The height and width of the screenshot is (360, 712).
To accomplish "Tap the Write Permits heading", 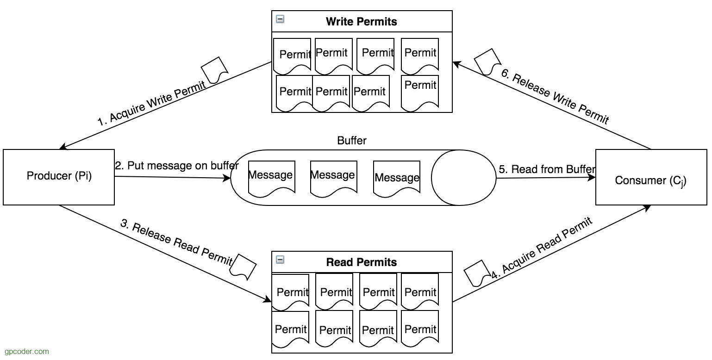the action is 362,22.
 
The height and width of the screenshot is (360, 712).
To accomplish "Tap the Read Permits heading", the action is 362,262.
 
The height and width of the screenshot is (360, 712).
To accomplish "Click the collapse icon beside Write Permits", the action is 280,19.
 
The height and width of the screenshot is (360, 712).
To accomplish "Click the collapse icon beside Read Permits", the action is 280,260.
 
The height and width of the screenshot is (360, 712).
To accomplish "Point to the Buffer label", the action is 351,141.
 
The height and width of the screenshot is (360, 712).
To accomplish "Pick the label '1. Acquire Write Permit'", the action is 152,104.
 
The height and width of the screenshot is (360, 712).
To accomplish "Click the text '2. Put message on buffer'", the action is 177,166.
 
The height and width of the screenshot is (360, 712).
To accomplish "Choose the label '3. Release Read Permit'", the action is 176,242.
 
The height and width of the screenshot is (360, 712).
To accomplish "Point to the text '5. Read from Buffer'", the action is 547,169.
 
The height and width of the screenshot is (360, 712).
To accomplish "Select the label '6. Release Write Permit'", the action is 555,96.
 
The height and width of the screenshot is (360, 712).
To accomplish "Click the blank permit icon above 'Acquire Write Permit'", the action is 214,70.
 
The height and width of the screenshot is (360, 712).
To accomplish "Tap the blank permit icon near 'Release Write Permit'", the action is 487,62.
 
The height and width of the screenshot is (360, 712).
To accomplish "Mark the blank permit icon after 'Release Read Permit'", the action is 243,267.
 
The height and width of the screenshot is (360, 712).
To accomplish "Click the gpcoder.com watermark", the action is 27,351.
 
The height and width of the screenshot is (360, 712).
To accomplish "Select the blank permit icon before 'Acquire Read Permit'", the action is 477,273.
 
